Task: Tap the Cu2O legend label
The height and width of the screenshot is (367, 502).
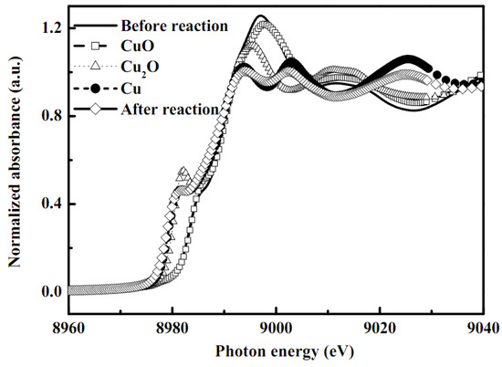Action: [x=141, y=68]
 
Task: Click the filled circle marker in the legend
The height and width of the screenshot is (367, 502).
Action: [x=96, y=89]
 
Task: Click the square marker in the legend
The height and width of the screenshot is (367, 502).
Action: [x=96, y=47]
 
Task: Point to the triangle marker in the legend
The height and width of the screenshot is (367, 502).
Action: [x=96, y=67]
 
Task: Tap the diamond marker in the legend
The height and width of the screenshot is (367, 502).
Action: [x=96, y=109]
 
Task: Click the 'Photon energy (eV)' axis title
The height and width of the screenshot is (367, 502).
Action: [x=275, y=351]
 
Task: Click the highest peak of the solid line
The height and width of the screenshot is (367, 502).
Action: [x=262, y=16]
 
